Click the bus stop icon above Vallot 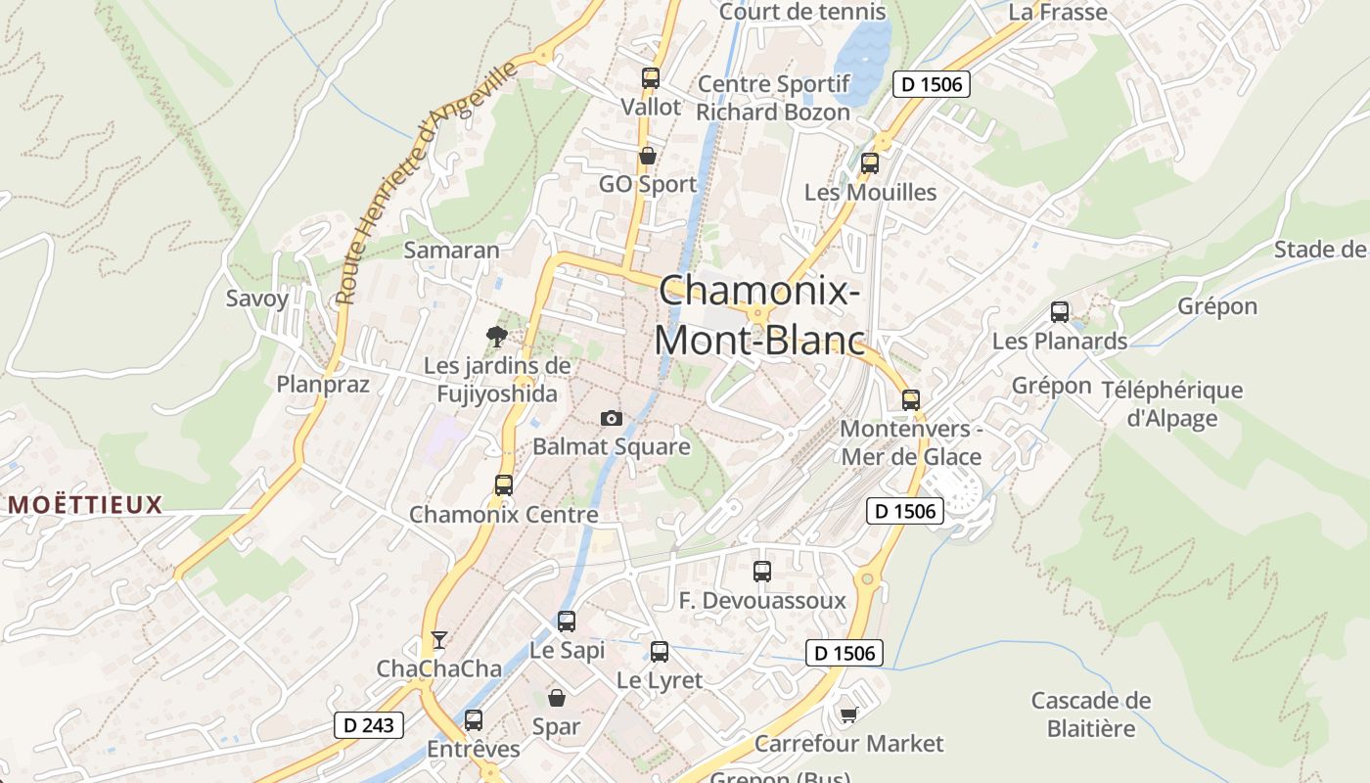pos(651,78)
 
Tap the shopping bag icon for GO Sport pos(647,156)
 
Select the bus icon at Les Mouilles pos(870,163)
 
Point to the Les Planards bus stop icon pos(1060,312)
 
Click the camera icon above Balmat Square pos(612,419)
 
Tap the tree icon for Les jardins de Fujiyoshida pos(497,338)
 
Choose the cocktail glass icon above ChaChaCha pos(439,640)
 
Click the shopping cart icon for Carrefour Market pos(848,715)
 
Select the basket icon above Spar pos(557,698)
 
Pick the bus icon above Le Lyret pos(660,652)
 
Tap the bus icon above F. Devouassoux pos(762,572)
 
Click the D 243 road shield pos(369,725)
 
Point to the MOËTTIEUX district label pos(85,505)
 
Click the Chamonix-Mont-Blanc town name pos(759,315)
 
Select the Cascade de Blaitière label pos(1091,714)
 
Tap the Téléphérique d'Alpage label pos(1171,404)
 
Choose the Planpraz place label pos(323,384)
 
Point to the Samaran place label pos(452,250)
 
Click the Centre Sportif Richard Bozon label pos(773,98)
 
